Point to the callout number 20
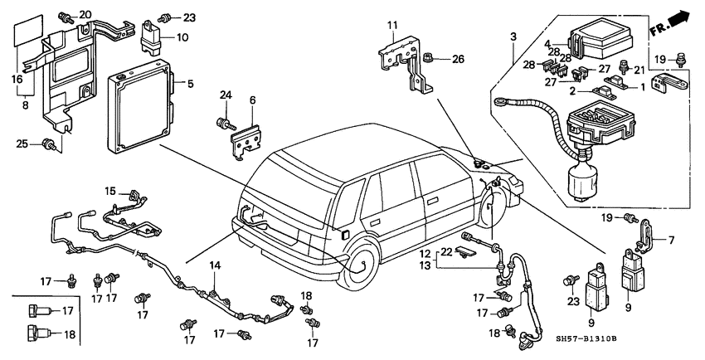86,15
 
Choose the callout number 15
109,191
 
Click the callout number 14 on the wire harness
214,265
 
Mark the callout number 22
445,252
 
